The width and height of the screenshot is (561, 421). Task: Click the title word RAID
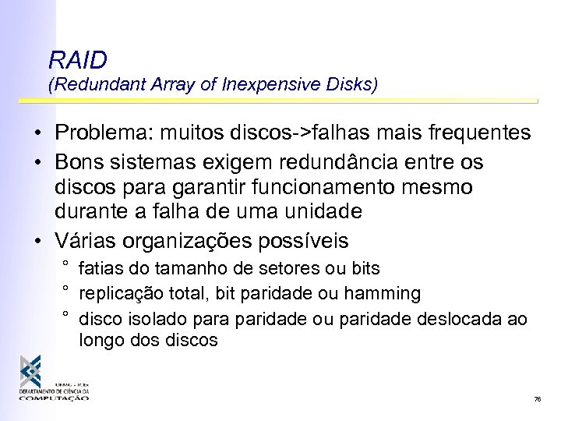click(x=77, y=60)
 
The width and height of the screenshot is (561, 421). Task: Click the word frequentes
click(x=481, y=133)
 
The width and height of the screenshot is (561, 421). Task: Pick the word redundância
click(x=333, y=162)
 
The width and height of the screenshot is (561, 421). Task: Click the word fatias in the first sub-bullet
click(x=98, y=269)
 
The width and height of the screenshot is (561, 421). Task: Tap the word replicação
click(x=117, y=294)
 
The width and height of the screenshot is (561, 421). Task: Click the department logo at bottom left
click(x=55, y=378)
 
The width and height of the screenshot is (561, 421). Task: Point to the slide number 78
click(x=537, y=399)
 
